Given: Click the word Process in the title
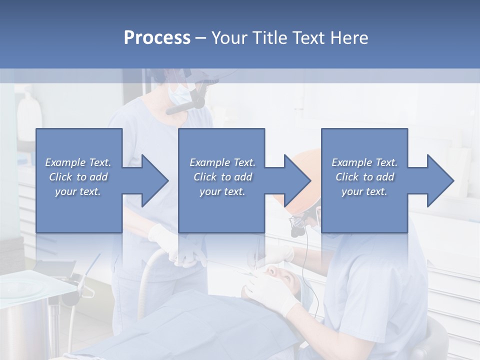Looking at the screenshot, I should coord(157,38).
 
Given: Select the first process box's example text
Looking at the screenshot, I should coord(78,177).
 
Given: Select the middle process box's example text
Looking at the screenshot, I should coord(222,177).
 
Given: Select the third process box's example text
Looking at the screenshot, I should coord(364,177).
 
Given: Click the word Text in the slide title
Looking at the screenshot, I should coord(307,38).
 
